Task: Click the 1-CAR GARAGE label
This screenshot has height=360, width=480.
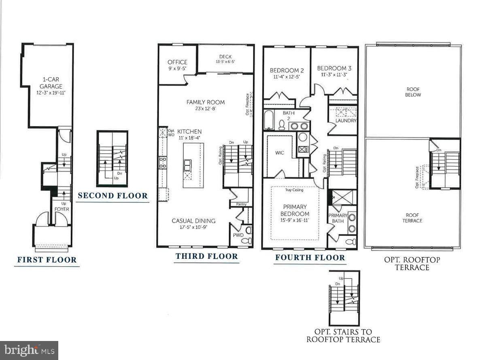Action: point(51,83)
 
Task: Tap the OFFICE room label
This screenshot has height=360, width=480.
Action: point(177,62)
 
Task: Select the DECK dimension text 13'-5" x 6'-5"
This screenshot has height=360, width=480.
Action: point(225,62)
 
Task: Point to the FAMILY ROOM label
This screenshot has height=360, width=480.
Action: point(206,102)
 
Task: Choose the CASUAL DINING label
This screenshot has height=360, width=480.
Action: point(193,221)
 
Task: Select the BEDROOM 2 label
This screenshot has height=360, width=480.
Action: point(287,70)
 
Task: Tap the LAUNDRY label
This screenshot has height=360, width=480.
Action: point(346,121)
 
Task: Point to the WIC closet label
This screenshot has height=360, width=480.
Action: point(279,153)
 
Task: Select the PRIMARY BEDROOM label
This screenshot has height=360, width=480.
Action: point(295,210)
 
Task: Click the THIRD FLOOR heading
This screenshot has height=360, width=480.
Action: point(206,256)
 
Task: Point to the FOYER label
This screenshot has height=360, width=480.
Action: point(62,209)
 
